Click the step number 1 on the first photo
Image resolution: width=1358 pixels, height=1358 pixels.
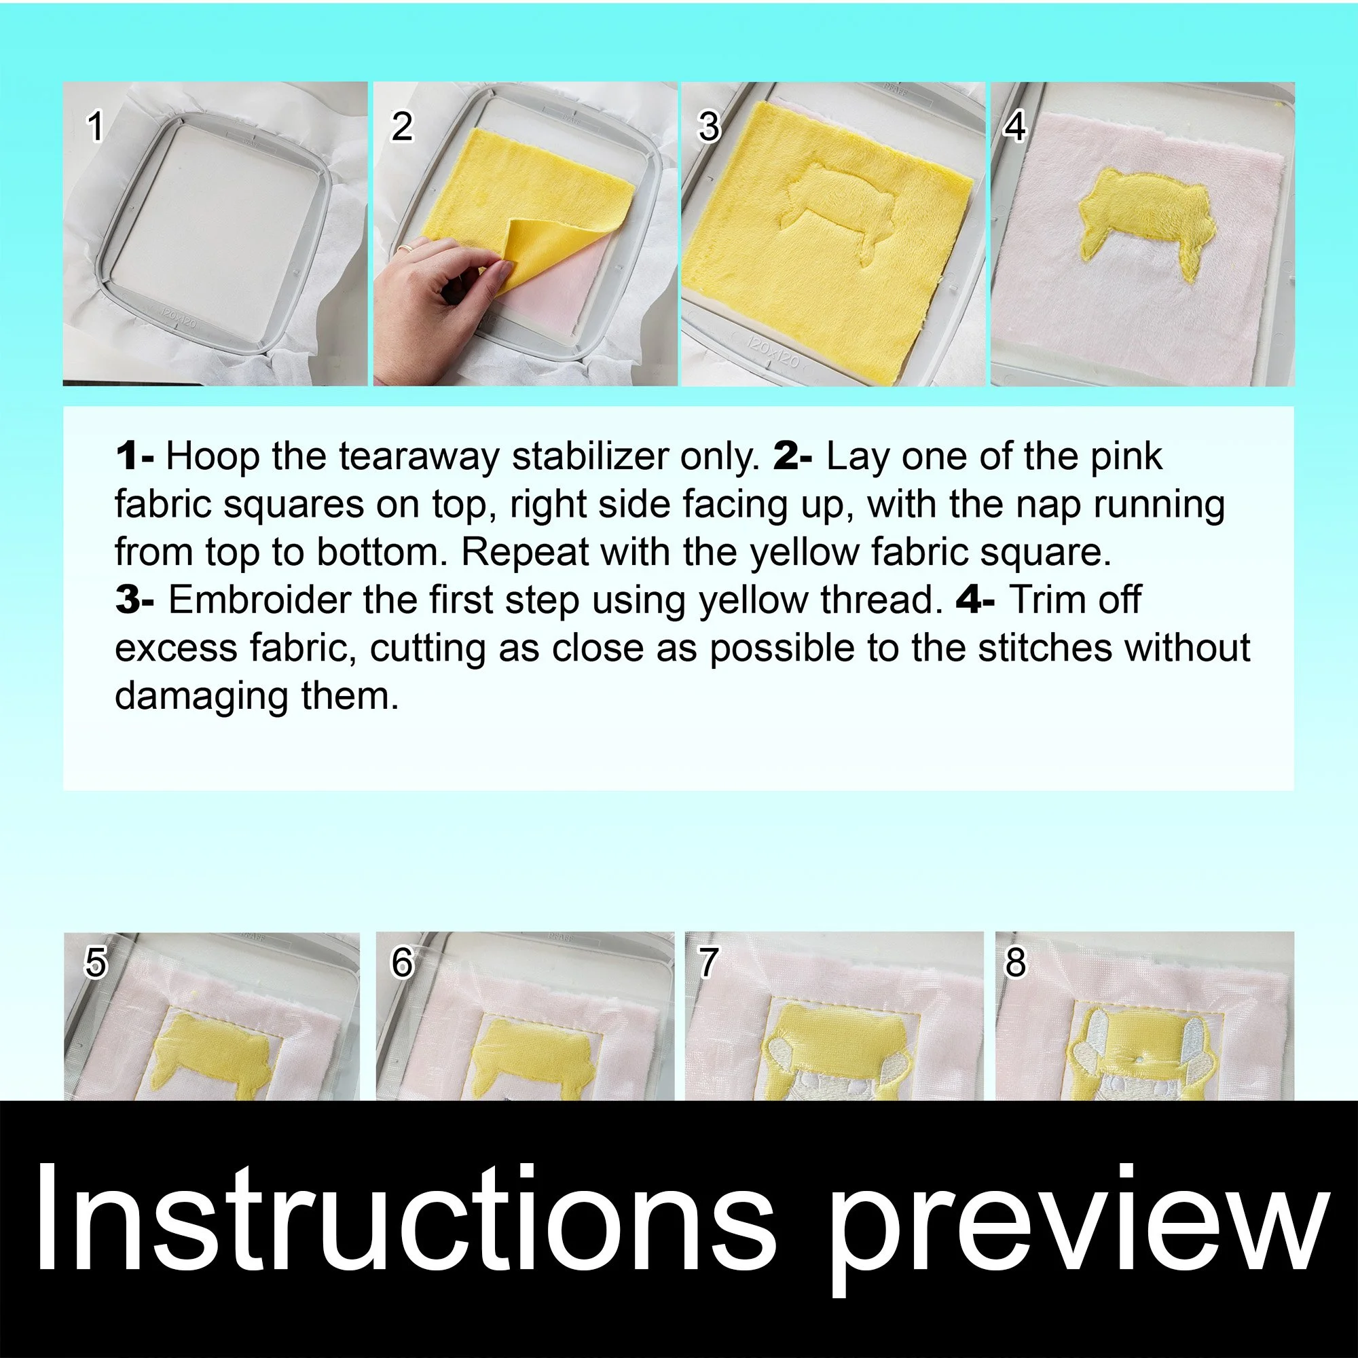95,127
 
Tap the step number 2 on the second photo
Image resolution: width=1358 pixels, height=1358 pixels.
401,127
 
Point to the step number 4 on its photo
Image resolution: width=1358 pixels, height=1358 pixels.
1014,127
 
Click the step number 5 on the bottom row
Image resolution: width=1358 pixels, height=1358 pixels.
96,962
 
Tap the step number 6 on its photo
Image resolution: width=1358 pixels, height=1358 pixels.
402,962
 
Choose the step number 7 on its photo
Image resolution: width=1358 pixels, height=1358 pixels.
708,962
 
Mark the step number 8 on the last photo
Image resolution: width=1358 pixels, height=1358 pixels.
1015,962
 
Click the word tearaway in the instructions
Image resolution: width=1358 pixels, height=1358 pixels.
419,456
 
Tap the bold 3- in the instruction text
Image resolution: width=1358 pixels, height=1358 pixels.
134,600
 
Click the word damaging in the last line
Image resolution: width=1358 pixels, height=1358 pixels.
201,695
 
